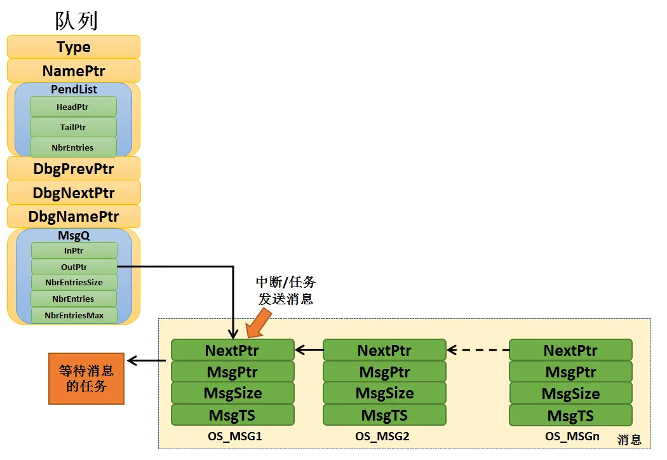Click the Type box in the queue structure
pyautogui.click(x=74, y=47)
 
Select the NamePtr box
pyautogui.click(x=74, y=71)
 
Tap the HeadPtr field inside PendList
pyautogui.click(x=73, y=107)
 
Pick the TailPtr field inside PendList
pyautogui.click(x=73, y=127)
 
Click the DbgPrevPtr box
pyautogui.click(x=74, y=169)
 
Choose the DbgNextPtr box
pyautogui.click(x=74, y=193)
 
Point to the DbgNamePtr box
pyautogui.click(x=74, y=217)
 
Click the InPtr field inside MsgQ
pyautogui.click(x=74, y=251)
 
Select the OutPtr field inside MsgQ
pyautogui.click(x=74, y=267)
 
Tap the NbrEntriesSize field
pyautogui.click(x=74, y=282)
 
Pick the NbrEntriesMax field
pyautogui.click(x=74, y=315)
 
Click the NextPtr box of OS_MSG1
pyautogui.click(x=232, y=350)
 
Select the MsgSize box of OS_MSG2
pyautogui.click(x=385, y=393)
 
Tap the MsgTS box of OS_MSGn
pyautogui.click(x=570, y=416)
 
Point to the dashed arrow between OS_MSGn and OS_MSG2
pyautogui.click(x=478, y=349)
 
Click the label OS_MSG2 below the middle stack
pyautogui.click(x=382, y=437)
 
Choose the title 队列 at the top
pyautogui.click(x=76, y=20)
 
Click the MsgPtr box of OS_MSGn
pyautogui.click(x=570, y=372)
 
